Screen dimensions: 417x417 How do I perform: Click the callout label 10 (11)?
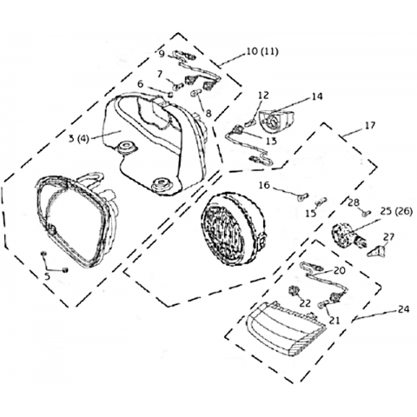pos(262,52)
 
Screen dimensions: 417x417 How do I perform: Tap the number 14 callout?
pos(317,96)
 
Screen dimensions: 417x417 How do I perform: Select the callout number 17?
pos(370,125)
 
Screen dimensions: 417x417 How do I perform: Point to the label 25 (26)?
pos(395,212)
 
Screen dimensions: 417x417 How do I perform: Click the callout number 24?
pos(404,309)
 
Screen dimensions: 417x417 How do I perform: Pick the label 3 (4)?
pos(78,138)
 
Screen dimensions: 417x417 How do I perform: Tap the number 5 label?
pos(47,276)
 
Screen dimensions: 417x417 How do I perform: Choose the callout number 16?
pos(264,185)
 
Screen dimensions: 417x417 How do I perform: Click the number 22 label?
pos(305,303)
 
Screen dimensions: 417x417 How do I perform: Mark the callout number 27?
pos(388,237)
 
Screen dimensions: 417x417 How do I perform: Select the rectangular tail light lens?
pos(286,328)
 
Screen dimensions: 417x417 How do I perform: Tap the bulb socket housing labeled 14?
pos(276,121)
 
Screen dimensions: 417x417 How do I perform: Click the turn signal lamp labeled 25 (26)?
pos(348,235)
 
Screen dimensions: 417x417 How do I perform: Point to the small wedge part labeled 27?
pos(376,251)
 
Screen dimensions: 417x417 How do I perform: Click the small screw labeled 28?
pos(367,214)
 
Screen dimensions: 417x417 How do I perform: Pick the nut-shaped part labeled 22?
pos(294,291)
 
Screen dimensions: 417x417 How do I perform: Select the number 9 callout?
pos(162,54)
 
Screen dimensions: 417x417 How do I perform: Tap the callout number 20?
pos(340,270)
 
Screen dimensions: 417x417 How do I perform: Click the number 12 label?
pos(263,95)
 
